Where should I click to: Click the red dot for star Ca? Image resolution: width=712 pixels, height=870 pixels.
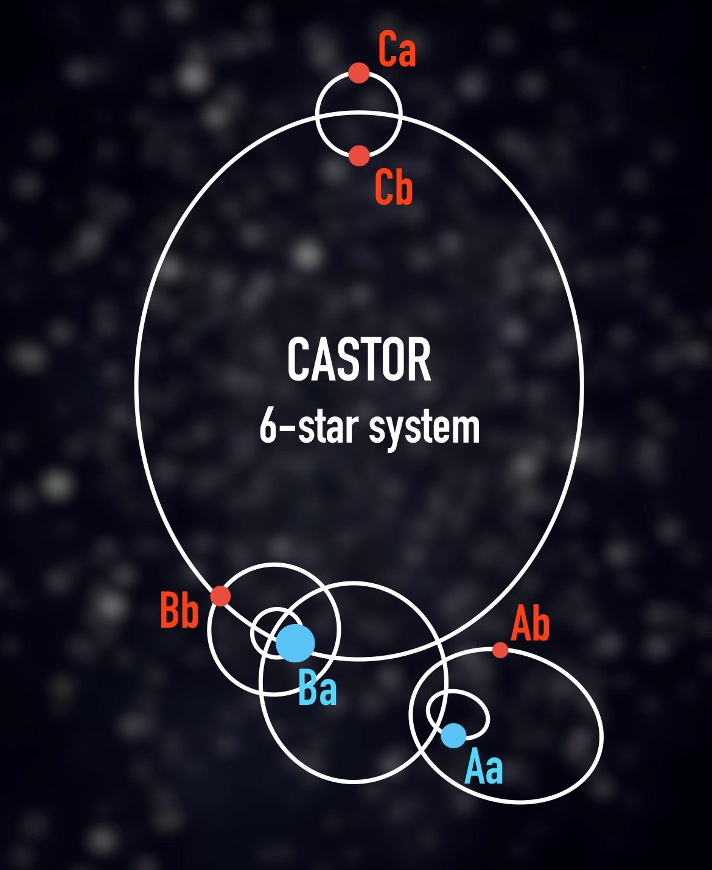point(359,73)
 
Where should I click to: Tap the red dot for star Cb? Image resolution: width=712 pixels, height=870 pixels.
point(359,155)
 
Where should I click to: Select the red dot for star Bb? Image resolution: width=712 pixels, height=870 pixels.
point(220,595)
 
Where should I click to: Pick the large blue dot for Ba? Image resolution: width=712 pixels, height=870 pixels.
point(295,643)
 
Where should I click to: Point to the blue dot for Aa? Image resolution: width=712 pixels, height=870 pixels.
point(453,735)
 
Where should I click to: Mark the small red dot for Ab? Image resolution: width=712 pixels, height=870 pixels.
point(500,650)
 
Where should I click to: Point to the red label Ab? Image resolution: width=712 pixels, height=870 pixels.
point(530,624)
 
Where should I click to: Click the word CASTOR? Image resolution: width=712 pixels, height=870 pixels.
point(359,360)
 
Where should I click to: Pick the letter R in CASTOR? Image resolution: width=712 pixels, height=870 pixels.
point(419,360)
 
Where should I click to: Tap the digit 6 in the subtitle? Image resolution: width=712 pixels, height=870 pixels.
point(268,426)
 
